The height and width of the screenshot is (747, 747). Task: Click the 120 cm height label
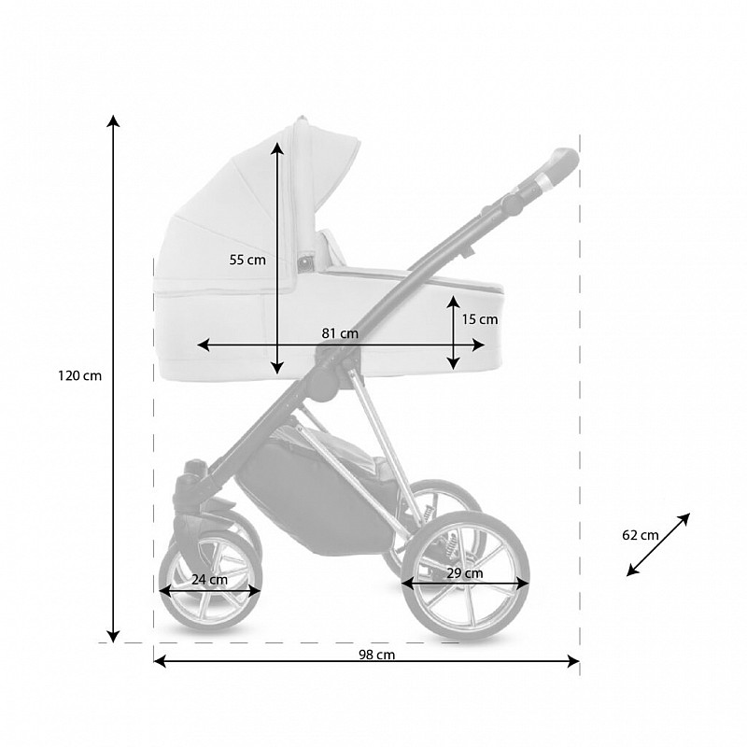click(80, 376)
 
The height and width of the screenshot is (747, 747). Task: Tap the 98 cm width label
click(377, 655)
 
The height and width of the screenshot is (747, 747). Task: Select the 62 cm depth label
click(641, 535)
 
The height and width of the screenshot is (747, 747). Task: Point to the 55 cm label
click(247, 261)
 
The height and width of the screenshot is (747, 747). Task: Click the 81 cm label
click(340, 333)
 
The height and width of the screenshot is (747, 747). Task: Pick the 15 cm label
click(480, 319)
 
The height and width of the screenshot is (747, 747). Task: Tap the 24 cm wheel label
click(209, 580)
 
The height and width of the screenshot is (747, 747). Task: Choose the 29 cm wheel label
click(465, 573)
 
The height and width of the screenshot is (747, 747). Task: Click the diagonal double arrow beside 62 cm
click(658, 544)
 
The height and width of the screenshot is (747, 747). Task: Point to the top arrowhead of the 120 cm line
click(113, 120)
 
